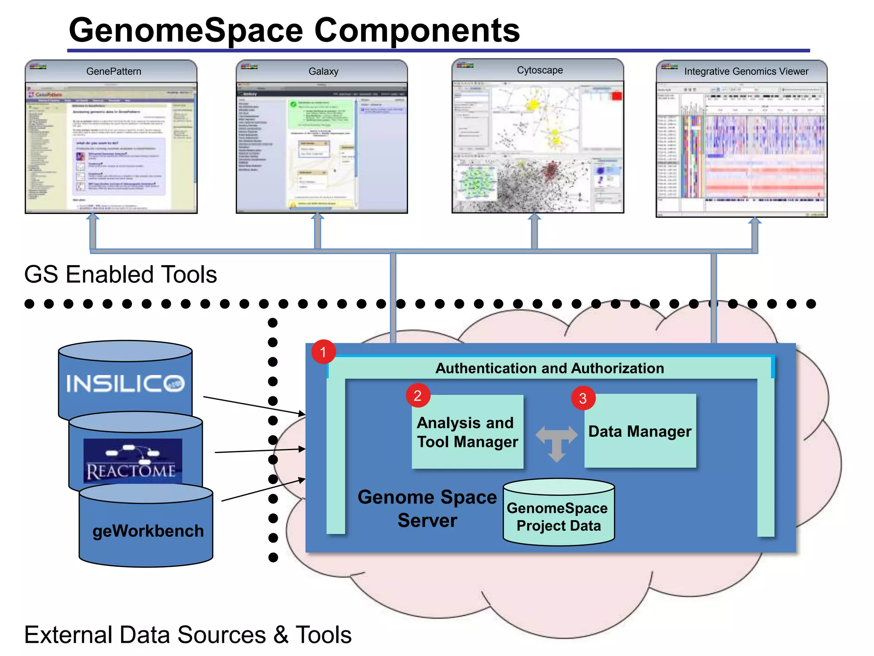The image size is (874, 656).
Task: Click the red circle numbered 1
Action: coord(323,352)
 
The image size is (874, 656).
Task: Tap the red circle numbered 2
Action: coord(418,395)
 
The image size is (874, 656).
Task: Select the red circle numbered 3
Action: coord(583,398)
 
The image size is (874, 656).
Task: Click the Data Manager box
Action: coord(640,431)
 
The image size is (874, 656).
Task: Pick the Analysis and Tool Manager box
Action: coord(467,432)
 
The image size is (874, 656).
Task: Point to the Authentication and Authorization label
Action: coord(550,368)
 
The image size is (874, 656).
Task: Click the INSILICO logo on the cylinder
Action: coord(125,383)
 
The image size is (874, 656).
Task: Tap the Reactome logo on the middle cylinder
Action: coord(132,461)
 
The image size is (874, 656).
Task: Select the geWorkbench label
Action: coord(148,531)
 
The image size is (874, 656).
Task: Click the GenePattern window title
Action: coord(114,71)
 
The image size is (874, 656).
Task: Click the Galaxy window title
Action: coord(323,71)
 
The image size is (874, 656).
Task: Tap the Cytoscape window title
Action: coord(539,70)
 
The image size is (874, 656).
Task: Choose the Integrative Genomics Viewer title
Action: coord(746,71)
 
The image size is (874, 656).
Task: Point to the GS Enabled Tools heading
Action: coord(120,274)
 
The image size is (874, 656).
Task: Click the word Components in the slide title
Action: coord(417,31)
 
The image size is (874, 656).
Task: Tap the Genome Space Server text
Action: coord(427,509)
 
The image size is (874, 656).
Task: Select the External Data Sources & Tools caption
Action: coord(188,635)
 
